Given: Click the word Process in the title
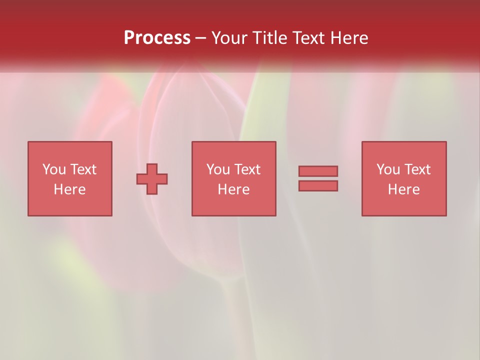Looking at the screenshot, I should click(157, 38).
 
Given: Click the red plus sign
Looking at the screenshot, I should click(152, 179).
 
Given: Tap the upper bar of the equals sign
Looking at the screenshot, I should click(318, 171).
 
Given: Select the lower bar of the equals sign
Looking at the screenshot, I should click(318, 185).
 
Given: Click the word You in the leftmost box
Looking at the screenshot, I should click(54, 169).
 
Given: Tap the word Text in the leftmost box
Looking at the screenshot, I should click(82, 169).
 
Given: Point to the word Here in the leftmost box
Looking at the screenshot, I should click(69, 189).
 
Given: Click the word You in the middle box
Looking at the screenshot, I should click(218, 169).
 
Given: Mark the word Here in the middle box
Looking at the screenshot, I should click(233, 189).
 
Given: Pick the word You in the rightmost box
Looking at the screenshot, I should click(388, 169).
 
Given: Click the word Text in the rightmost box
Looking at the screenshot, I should click(416, 169).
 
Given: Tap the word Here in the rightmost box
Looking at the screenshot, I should click(403, 189).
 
